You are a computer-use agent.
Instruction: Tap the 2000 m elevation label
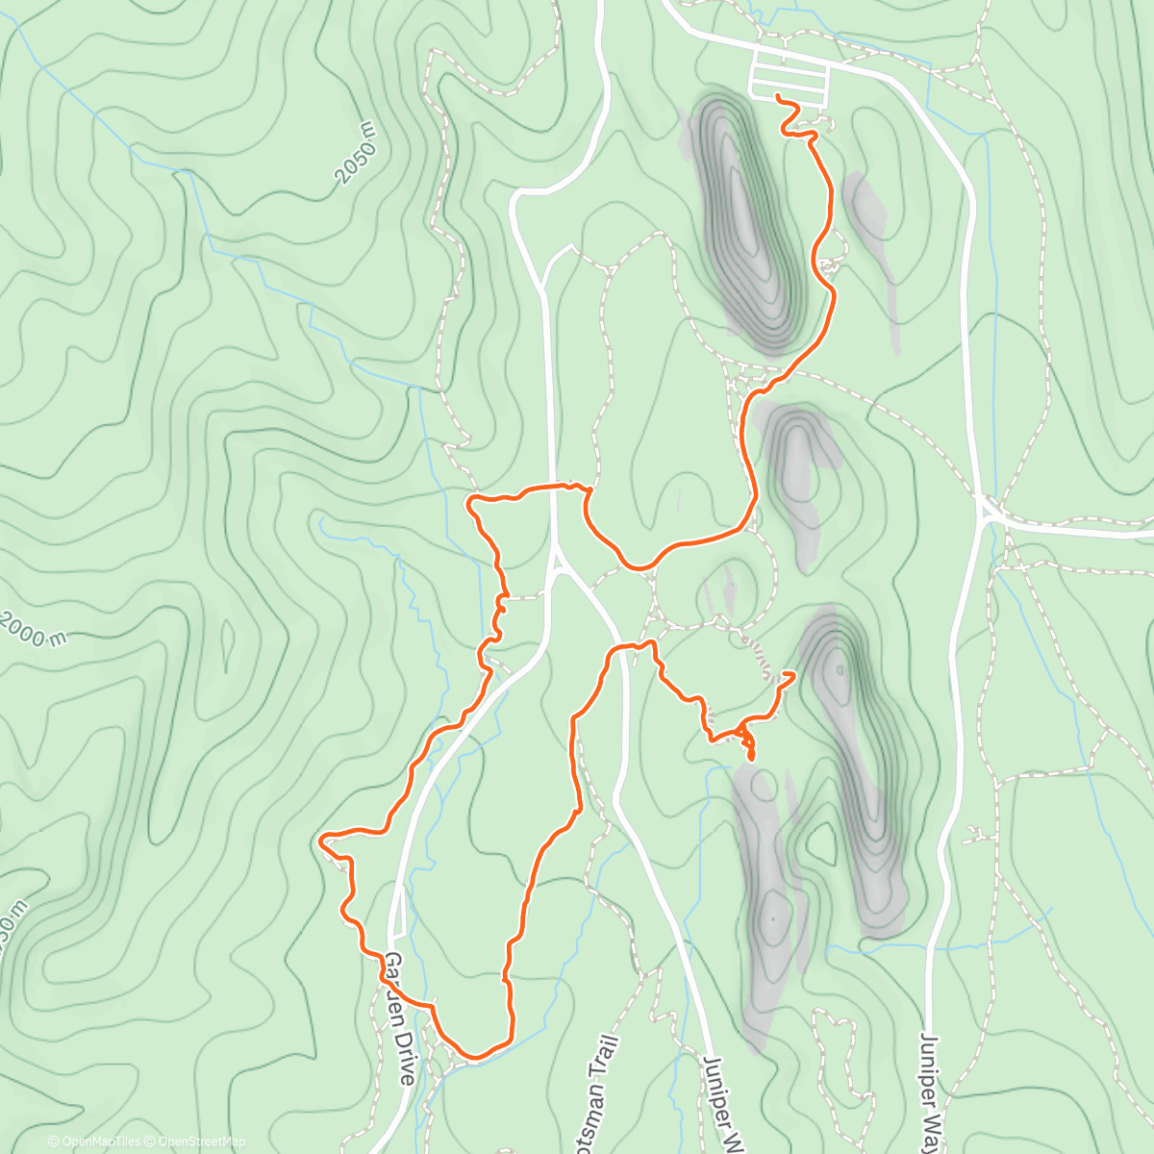35,629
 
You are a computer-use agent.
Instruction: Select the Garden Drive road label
400,1019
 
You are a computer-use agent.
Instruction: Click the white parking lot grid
789,77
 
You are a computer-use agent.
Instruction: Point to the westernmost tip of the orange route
319,840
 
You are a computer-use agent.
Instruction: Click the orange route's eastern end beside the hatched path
794,675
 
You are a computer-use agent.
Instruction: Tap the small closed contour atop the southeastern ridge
840,670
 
